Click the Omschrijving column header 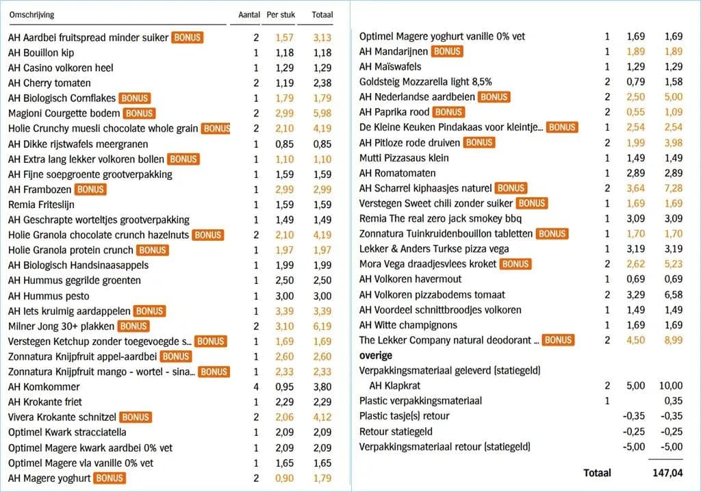coord(31,14)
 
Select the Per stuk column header coord(281,14)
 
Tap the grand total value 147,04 coord(667,473)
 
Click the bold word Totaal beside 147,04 coord(597,473)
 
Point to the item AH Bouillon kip coord(41,53)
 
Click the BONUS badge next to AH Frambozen coord(90,189)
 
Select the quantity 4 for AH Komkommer coord(256,387)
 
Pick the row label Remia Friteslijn coord(41,205)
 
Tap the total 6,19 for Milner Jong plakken coord(322,326)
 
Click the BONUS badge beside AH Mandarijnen coord(447,51)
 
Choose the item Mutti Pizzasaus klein coord(404,158)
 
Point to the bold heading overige coord(376,356)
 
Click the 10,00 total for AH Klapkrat coord(670,386)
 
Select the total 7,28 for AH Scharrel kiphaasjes coord(673,188)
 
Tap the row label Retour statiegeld coord(396,432)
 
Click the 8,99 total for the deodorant coord(673,340)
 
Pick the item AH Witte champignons coord(408,325)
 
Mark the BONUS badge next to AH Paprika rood coord(449,112)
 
